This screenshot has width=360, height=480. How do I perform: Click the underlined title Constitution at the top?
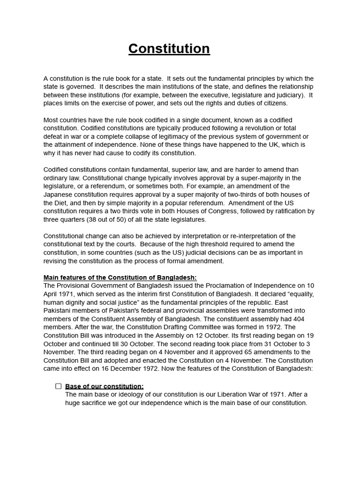tap(169, 49)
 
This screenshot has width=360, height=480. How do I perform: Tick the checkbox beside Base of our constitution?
tap(59, 386)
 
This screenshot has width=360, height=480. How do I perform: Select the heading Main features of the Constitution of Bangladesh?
tap(120, 277)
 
